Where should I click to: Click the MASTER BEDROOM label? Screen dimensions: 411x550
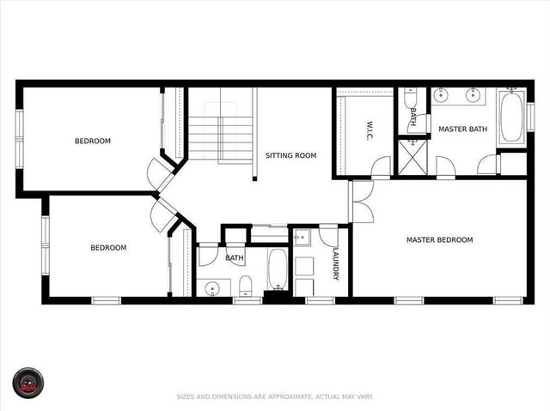[x=439, y=239]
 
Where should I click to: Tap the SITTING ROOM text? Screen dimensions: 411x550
[x=290, y=155]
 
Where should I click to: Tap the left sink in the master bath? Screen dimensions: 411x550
[x=441, y=96]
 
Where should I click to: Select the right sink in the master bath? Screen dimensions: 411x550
[x=473, y=96]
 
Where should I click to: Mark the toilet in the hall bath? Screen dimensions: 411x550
[x=244, y=285]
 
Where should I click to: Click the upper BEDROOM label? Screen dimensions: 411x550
[x=92, y=141]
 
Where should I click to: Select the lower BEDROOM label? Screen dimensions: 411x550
[x=108, y=248]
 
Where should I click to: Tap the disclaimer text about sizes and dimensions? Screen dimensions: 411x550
[x=275, y=396]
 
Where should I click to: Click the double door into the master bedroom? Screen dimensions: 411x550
[x=361, y=202]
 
